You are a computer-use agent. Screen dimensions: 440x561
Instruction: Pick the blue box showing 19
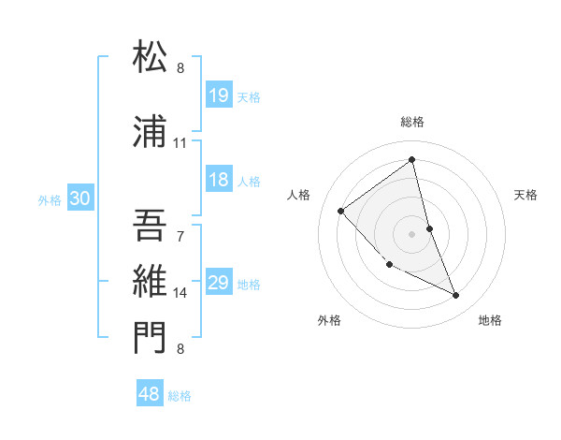(220, 95)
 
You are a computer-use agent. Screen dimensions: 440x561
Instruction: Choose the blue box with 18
(220, 181)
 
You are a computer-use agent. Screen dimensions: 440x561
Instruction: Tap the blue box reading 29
(220, 283)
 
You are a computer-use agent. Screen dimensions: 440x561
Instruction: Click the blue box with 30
(80, 198)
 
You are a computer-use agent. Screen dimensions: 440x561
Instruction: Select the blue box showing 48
(150, 394)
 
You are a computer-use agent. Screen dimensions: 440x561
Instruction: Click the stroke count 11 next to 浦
(180, 143)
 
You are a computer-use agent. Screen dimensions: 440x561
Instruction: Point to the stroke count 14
(180, 293)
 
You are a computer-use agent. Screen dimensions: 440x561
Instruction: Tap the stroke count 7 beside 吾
(180, 236)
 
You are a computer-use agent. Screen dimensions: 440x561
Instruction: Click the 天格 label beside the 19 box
(249, 96)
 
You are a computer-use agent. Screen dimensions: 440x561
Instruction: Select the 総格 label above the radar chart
(412, 122)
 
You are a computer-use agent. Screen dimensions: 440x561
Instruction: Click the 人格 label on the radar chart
(299, 195)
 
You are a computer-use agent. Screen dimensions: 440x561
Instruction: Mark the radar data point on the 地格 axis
(456, 296)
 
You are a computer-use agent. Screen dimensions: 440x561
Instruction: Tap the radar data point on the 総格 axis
(412, 160)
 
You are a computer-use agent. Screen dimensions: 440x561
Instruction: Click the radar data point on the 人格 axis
(341, 211)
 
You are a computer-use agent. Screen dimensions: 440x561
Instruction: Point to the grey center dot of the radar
(412, 233)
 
